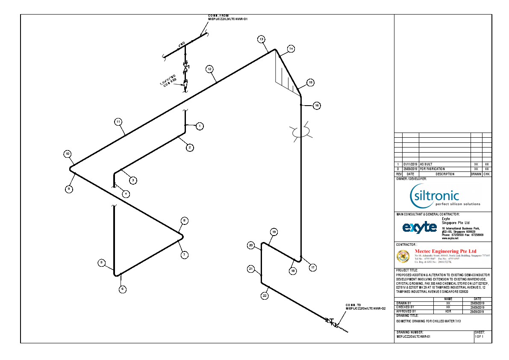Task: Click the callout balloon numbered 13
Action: (x=261, y=39)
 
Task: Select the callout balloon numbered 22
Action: (x=265, y=295)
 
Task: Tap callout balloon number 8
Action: (x=184, y=221)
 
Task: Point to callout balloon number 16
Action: (x=317, y=105)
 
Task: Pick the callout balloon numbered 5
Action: (x=101, y=263)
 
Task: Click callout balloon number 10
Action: (x=67, y=154)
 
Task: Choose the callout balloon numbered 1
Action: (x=199, y=126)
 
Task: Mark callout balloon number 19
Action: (x=274, y=232)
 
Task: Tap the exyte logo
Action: (x=419, y=227)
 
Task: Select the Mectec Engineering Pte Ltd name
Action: (x=445, y=251)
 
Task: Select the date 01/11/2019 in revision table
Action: (x=410, y=164)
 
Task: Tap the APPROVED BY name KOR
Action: (x=448, y=311)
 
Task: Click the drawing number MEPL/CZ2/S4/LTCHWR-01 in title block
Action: (x=413, y=336)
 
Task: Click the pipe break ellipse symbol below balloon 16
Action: (x=301, y=132)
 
